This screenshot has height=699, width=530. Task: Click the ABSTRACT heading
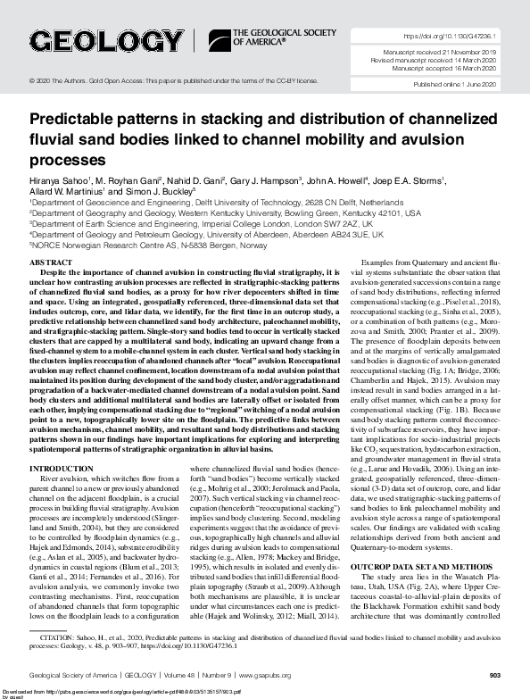pyautogui.click(x=51, y=264)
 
